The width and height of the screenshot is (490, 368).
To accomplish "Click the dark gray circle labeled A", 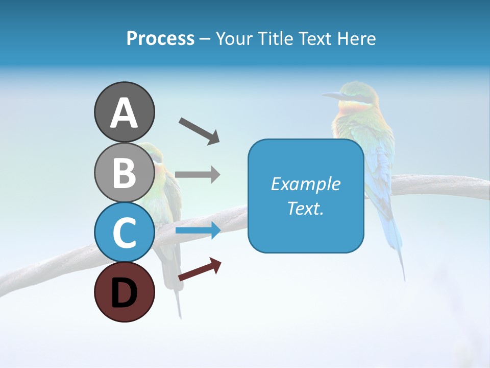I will [124, 112].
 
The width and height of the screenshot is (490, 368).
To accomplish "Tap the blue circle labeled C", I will [124, 232].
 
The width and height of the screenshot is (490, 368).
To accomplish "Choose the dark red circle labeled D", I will [124, 292].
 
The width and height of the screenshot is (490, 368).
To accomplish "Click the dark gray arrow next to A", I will [199, 131].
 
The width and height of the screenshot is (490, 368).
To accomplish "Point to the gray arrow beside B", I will [198, 174].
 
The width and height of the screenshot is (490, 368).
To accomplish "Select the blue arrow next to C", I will [198, 231].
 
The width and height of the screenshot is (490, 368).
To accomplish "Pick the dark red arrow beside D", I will [200, 269].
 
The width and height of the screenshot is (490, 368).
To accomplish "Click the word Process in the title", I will [160, 38].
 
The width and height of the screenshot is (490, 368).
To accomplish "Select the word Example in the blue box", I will [305, 184].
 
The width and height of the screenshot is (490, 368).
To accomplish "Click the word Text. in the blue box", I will [305, 208].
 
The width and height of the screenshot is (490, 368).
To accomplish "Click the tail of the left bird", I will [177, 296].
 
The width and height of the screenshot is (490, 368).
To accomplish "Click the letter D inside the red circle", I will [124, 293].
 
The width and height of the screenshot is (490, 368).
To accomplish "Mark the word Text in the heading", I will [314, 38].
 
